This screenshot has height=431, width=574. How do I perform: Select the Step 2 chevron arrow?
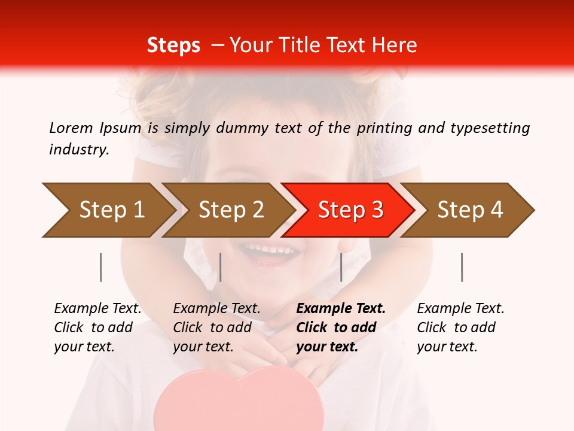(230, 210)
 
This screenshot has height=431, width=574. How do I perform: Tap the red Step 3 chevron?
(350, 210)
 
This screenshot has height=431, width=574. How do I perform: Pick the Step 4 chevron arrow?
(469, 210)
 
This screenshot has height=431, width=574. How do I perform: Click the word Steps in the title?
(173, 45)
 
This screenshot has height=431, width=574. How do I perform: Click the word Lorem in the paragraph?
(71, 128)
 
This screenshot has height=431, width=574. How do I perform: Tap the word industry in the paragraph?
(78, 150)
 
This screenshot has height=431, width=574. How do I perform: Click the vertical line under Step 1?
(101, 267)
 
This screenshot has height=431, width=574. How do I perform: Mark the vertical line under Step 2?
(221, 267)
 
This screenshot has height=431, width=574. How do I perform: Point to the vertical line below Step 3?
(341, 267)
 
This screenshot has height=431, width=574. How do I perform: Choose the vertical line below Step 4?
(462, 267)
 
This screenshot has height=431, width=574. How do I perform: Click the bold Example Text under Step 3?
(341, 309)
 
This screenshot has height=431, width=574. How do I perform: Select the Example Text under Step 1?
(97, 309)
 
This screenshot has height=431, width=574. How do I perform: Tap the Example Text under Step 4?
(460, 309)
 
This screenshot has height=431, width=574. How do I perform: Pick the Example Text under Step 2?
(216, 309)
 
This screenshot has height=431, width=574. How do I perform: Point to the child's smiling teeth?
(269, 248)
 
